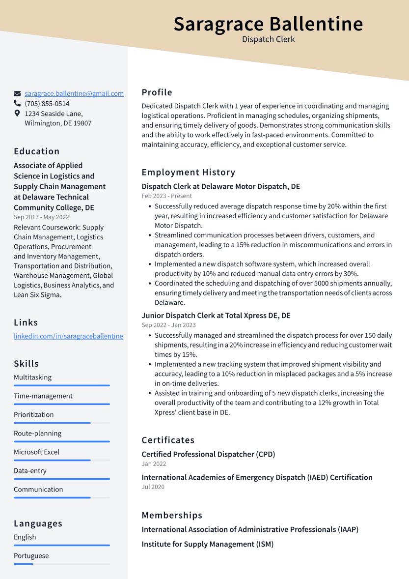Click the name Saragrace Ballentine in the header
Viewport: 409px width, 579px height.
pos(268,24)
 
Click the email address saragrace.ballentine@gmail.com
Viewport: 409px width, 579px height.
pos(74,93)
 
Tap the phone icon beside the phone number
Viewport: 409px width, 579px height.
pos(17,104)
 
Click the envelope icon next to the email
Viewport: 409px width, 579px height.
pos(17,93)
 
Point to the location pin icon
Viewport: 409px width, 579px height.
pos(17,114)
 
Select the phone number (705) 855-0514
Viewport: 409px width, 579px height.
pos(47,104)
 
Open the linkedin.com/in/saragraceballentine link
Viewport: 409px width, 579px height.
pos(68,336)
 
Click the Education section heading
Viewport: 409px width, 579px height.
pos(37,151)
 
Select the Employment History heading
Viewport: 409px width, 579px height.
pos(189,172)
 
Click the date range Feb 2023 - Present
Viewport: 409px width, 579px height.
pos(166,196)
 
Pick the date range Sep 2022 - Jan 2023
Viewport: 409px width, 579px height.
pos(168,325)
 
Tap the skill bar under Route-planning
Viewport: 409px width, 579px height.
pos(62,441)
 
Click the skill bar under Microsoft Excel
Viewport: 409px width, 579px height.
pos(62,460)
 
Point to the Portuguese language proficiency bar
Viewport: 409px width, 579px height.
pos(62,564)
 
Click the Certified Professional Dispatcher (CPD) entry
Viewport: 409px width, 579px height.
pos(208,454)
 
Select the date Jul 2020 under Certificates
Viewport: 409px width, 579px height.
pos(153,487)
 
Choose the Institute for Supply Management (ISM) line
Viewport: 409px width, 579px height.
pos(207,544)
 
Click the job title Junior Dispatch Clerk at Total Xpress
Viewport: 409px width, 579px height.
pos(216,316)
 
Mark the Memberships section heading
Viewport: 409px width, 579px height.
pos(172,515)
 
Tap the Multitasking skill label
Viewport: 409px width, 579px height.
pos(32,377)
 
